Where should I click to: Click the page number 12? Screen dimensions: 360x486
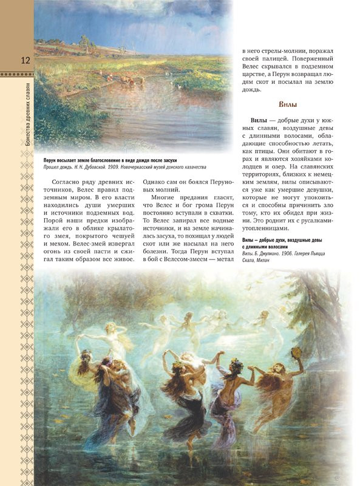click(x=25, y=60)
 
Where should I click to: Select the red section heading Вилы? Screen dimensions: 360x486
click(x=290, y=104)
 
